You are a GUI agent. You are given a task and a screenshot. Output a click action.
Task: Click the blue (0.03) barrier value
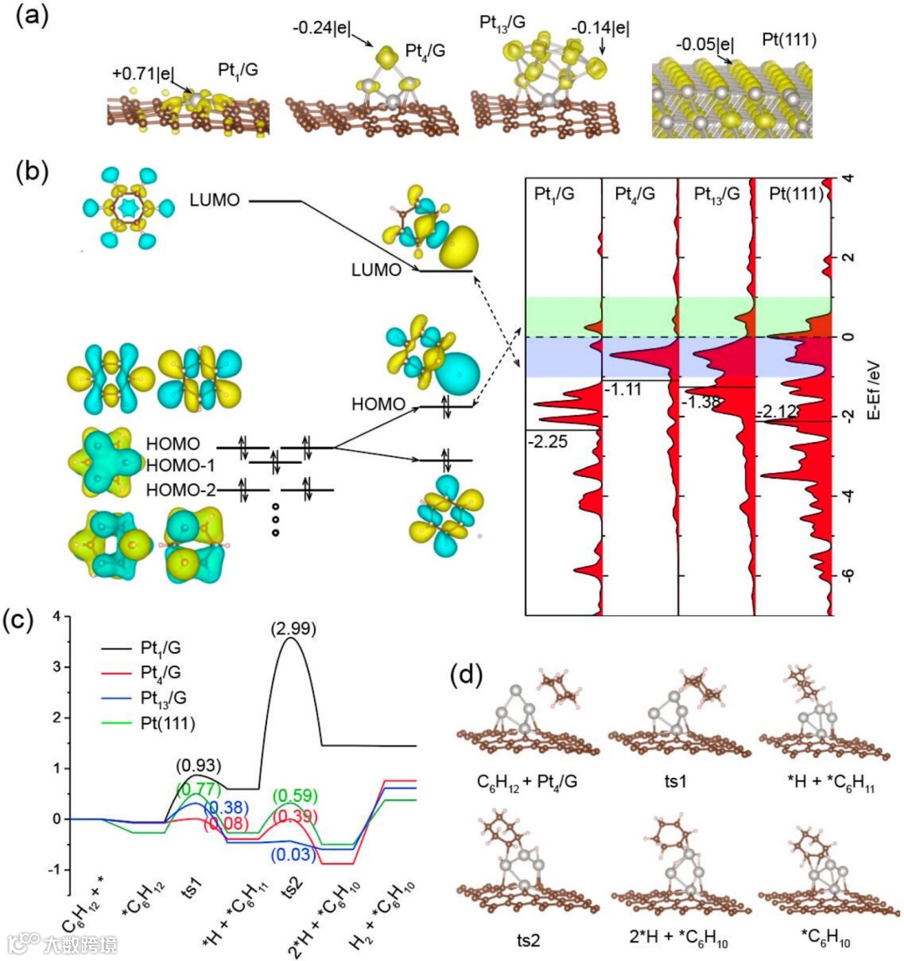click(x=291, y=855)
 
